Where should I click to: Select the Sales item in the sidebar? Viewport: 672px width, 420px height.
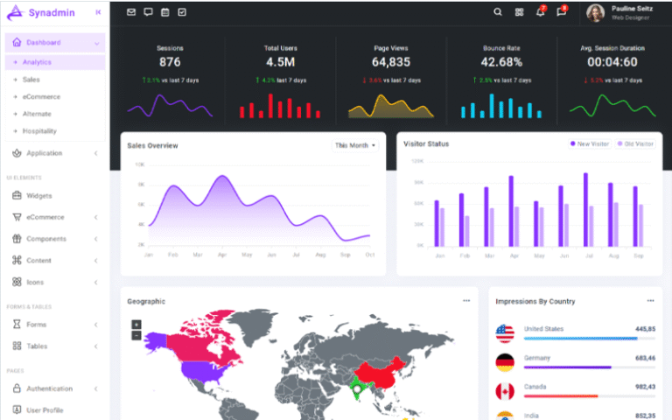[x=31, y=80]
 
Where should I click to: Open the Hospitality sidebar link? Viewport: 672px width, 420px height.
[x=39, y=131]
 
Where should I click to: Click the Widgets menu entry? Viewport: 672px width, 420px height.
[x=39, y=195]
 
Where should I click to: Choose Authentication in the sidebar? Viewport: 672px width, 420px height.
[x=49, y=388]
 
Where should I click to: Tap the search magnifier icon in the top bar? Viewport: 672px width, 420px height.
[x=498, y=12]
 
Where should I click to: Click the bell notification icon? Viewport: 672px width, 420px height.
[x=540, y=12]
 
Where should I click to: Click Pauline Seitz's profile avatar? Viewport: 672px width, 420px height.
[x=595, y=12]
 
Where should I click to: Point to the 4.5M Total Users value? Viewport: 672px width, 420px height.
[x=280, y=62]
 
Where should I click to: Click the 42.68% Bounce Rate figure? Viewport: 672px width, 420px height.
[x=501, y=62]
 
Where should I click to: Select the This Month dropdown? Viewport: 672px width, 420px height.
[x=355, y=145]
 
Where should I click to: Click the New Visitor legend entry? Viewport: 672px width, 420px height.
[x=591, y=143]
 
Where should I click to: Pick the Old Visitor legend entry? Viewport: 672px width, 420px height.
[x=636, y=143]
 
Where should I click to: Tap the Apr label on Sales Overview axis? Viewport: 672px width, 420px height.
[x=222, y=255]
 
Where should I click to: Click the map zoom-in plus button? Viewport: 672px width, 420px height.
[x=136, y=325]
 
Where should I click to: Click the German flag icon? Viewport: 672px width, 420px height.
[x=505, y=361]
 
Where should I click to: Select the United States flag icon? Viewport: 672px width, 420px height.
[x=505, y=332]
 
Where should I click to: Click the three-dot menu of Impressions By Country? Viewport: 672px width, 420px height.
[x=650, y=300]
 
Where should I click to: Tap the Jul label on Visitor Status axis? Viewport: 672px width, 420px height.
[x=588, y=255]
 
